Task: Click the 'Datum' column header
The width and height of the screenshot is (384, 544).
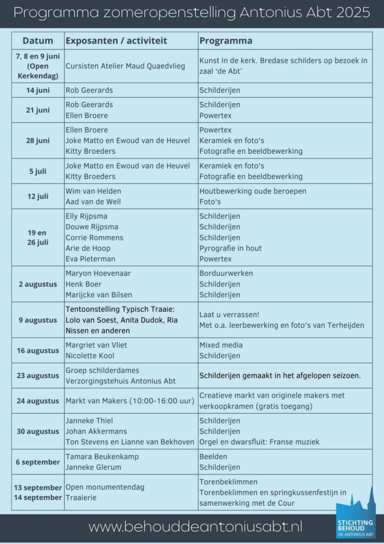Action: coord(38,41)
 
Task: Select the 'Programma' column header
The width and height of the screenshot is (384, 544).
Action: coord(226,41)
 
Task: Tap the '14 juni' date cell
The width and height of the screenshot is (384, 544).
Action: coord(38,90)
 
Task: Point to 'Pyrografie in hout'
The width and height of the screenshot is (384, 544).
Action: coord(231,248)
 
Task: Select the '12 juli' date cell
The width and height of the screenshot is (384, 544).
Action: coord(38,197)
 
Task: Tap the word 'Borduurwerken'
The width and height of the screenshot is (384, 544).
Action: coord(226,274)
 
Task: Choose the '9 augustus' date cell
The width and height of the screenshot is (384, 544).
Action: coord(38,320)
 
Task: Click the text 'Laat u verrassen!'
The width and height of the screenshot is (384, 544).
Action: coord(230,314)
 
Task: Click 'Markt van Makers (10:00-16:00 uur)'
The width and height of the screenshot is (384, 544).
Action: coord(130,401)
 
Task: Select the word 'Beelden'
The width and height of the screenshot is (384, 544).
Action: coord(213,457)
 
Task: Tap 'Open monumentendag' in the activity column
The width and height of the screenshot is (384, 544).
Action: coord(105,487)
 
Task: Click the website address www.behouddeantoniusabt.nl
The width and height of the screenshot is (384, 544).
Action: coord(195,527)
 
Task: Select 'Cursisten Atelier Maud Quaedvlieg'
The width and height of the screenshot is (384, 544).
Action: coord(125,66)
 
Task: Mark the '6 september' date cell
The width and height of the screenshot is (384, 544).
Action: coord(38,462)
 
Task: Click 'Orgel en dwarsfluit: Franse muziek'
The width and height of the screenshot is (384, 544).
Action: coord(259,442)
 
